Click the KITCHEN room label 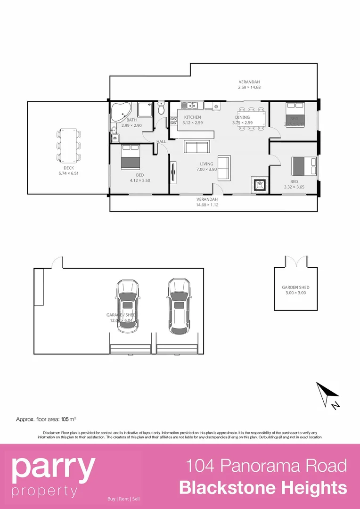192,117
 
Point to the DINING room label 242,117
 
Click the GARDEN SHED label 295,287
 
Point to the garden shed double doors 297,261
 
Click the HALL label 161,141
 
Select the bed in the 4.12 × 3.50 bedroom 131,157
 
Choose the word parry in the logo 53,467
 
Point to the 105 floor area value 65,419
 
